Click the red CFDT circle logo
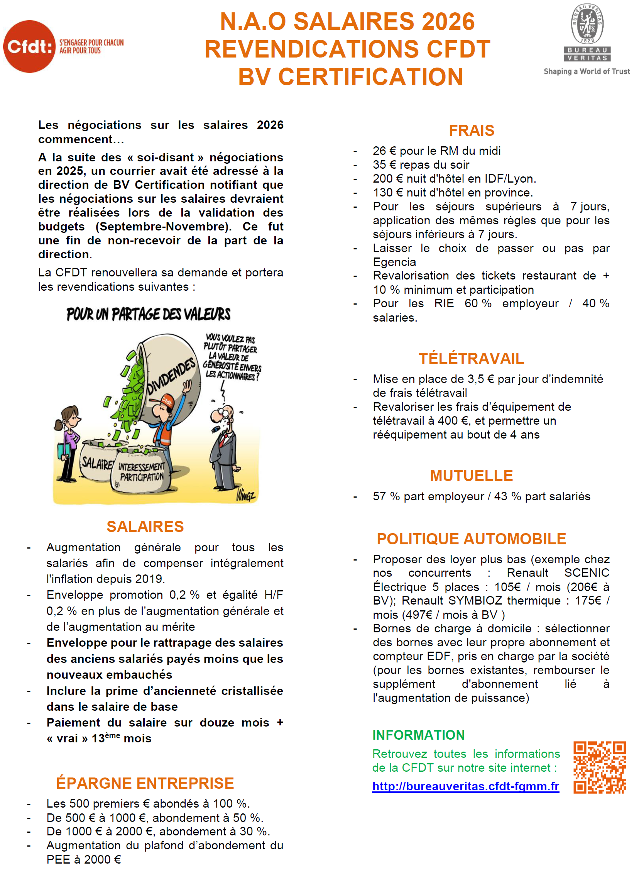tap(29, 46)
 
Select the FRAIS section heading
tap(472, 130)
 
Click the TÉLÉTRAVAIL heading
tap(472, 359)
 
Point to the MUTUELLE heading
tap(472, 476)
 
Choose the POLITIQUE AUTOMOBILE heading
tap(472, 539)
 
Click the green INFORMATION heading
tap(419, 735)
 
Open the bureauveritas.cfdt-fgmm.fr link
tap(466, 786)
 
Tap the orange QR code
tap(599, 767)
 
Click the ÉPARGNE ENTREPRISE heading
tap(145, 783)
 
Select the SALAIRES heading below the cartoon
tap(145, 527)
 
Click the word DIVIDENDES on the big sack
tap(171, 376)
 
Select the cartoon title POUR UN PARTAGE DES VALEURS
tap(149, 314)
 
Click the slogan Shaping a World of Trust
tap(587, 71)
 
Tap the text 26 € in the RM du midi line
tap(384, 151)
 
